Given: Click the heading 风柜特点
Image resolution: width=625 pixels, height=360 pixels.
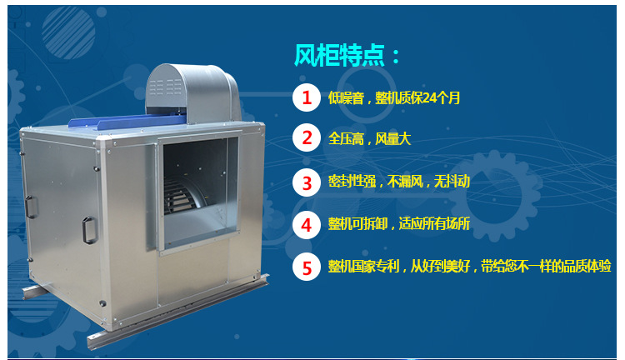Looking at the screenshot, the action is (340, 55).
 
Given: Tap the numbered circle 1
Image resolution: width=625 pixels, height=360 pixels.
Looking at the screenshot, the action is (307, 97).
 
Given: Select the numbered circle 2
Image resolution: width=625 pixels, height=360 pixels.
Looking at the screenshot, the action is (307, 138).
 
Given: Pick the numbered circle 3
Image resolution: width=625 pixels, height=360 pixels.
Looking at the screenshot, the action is (307, 183).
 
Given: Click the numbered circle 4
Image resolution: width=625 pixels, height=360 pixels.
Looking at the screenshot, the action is (307, 225).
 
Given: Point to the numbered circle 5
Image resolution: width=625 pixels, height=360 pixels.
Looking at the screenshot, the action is (307, 267).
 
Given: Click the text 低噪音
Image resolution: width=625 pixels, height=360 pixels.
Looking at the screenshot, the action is (346, 97).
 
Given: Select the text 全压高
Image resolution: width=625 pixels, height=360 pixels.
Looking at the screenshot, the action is (346, 138).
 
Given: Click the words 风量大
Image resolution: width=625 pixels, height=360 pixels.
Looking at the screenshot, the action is (392, 138).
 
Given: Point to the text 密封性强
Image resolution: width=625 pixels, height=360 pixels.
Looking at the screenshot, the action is (352, 182).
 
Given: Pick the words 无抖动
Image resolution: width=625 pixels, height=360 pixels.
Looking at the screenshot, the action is (452, 182).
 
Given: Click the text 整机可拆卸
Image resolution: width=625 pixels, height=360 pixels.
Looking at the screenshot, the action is (357, 223).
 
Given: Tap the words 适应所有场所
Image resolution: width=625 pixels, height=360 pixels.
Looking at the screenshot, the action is (434, 223).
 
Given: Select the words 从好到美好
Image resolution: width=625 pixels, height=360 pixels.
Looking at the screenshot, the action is (440, 266).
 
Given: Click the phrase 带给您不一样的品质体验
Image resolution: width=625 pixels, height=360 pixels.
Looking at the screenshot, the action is (546, 266).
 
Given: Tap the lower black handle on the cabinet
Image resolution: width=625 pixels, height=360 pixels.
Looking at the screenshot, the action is (90, 230).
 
